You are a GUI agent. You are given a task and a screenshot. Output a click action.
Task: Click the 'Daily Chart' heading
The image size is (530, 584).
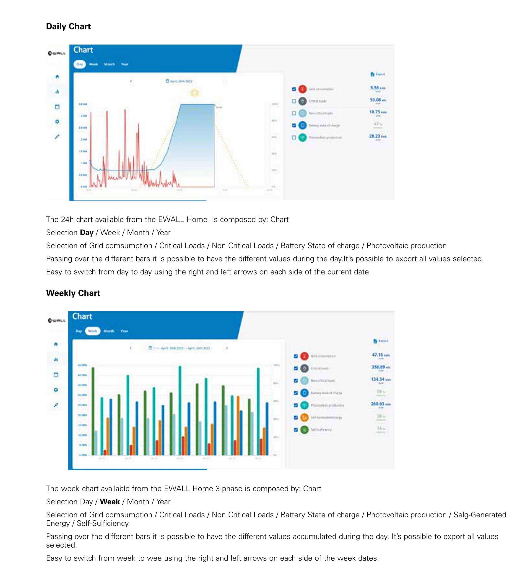[68, 26]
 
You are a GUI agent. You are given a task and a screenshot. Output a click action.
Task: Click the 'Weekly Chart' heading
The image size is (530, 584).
[73, 293]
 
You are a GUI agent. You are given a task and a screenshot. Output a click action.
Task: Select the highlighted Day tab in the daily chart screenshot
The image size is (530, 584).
[80, 64]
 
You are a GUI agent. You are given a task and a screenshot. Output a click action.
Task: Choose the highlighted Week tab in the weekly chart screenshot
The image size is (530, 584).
[92, 331]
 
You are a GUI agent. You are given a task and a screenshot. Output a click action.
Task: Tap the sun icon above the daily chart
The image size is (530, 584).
[195, 93]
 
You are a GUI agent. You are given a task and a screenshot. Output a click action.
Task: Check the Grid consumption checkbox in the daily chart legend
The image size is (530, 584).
[294, 89]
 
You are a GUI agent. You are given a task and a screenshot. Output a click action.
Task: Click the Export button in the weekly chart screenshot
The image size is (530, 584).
[381, 341]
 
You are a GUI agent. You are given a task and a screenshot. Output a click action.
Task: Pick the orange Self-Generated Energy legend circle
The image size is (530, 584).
[304, 417]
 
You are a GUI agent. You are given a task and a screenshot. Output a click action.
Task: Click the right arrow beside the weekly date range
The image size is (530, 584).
[227, 348]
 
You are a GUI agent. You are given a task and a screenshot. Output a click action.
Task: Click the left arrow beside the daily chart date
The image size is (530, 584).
[131, 81]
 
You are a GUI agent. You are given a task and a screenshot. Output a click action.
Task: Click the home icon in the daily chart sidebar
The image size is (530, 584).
[57, 77]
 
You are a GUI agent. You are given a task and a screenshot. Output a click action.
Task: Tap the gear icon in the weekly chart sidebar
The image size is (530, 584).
[56, 390]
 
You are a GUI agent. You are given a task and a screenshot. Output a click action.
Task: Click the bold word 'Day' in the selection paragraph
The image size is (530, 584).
[87, 233]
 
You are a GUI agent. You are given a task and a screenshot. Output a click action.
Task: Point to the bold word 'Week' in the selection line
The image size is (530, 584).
[110, 501]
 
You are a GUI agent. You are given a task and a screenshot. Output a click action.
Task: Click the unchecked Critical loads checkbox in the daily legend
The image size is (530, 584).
[294, 101]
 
